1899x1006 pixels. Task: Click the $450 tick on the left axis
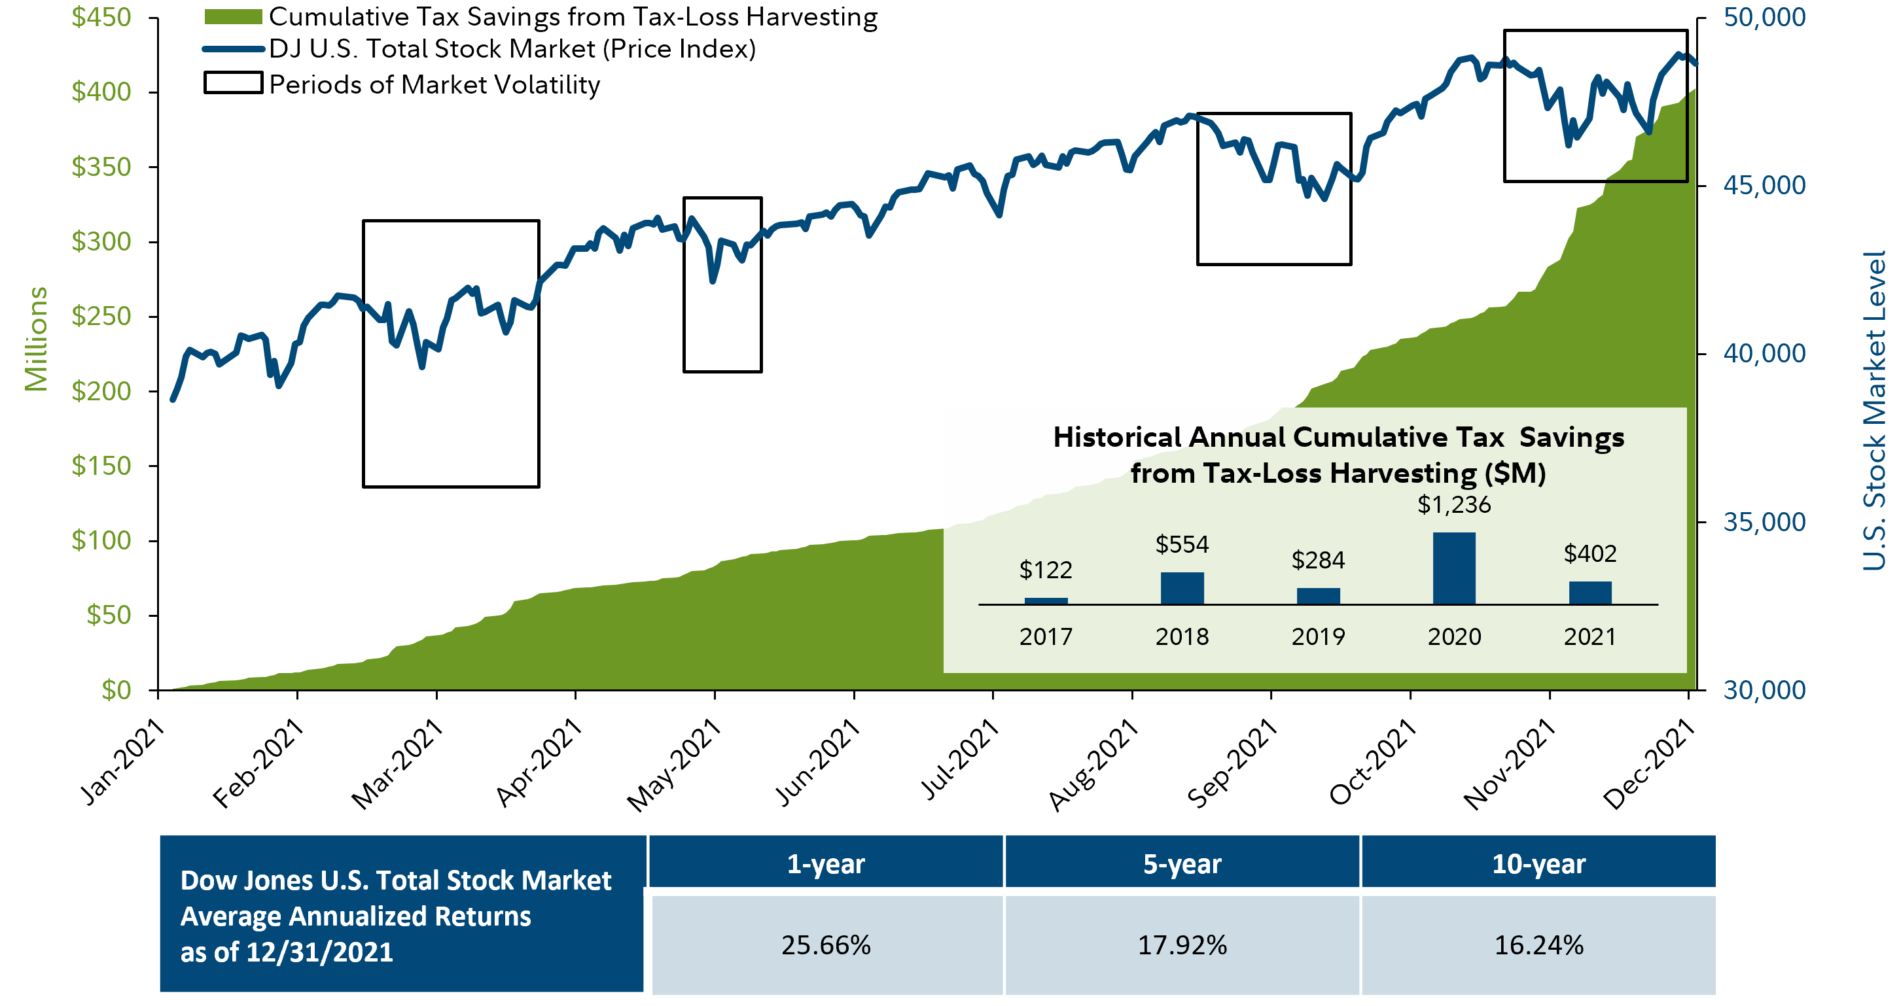pyautogui.click(x=101, y=17)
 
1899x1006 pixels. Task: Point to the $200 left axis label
pyautogui.click(x=101, y=390)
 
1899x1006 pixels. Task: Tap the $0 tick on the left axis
pyautogui.click(x=116, y=690)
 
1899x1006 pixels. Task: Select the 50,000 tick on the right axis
pyautogui.click(x=1764, y=17)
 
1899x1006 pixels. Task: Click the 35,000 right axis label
pyautogui.click(x=1764, y=522)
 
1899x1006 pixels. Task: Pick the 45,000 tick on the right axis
pyautogui.click(x=1764, y=185)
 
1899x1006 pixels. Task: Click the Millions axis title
pyautogui.click(x=35, y=339)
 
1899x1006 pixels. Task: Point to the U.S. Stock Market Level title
pyautogui.click(x=1873, y=411)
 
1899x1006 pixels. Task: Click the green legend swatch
pyautogui.click(x=233, y=17)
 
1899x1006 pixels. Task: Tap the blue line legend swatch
pyautogui.click(x=233, y=49)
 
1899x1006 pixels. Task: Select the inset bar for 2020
pyautogui.click(x=1454, y=568)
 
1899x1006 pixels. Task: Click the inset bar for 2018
pyautogui.click(x=1182, y=588)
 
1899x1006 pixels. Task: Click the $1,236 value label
pyautogui.click(x=1454, y=505)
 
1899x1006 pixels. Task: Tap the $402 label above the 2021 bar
pyautogui.click(x=1590, y=553)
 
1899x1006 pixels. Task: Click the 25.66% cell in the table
pyautogui.click(x=826, y=945)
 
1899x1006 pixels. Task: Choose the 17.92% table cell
pyautogui.click(x=1182, y=945)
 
